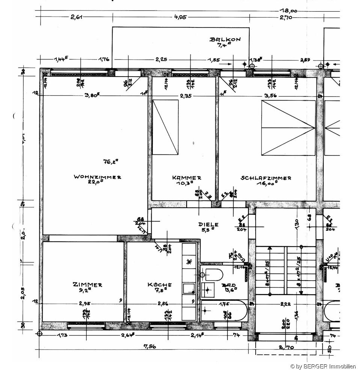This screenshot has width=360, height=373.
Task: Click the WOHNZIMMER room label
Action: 97,177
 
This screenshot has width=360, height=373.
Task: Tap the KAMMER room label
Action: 187,178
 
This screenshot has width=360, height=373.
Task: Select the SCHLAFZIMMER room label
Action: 266,178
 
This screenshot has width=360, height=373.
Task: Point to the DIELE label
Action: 208,225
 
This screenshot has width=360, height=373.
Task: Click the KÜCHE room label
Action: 160,285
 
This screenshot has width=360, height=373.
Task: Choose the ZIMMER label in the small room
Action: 87,285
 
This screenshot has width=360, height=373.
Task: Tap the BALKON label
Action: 225,39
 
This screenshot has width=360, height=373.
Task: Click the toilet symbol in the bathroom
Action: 212,275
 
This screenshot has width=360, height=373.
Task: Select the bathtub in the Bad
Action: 224,310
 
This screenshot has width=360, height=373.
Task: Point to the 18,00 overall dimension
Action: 288,11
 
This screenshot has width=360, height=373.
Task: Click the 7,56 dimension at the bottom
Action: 149,347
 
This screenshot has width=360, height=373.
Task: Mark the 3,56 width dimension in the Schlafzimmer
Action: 270,96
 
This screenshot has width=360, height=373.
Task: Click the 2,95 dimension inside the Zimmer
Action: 85,303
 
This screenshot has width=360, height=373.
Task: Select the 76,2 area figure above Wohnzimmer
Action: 110,162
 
